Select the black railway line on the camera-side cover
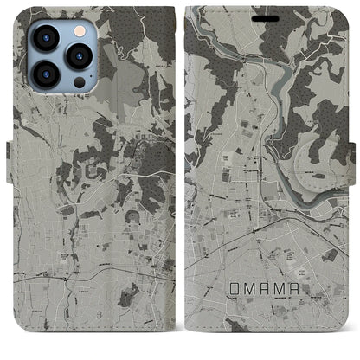pos(87,275)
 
